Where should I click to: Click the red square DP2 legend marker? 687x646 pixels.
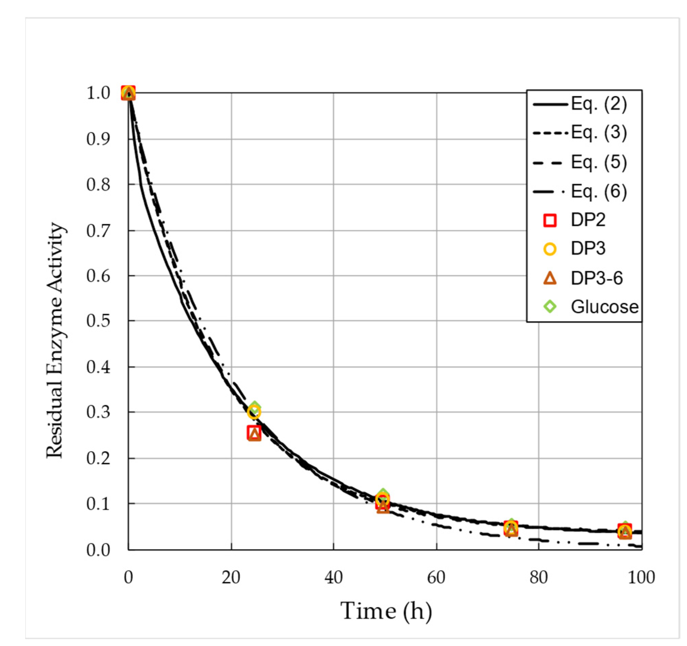(x=550, y=220)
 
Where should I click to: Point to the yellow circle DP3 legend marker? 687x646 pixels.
(x=550, y=249)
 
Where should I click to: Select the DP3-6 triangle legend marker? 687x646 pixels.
(x=550, y=278)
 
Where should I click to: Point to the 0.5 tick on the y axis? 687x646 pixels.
(x=98, y=321)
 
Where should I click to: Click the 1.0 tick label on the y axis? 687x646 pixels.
(x=98, y=93)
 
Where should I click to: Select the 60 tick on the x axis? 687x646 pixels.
(x=436, y=577)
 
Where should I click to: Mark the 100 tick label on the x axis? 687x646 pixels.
(x=641, y=577)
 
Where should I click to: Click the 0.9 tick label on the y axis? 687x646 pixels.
(x=98, y=139)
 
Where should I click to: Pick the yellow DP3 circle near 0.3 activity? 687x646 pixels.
(x=254, y=412)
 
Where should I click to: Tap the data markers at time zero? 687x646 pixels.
(x=128, y=93)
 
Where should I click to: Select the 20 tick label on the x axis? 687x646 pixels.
(x=231, y=577)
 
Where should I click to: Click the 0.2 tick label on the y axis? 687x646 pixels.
(x=98, y=458)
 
